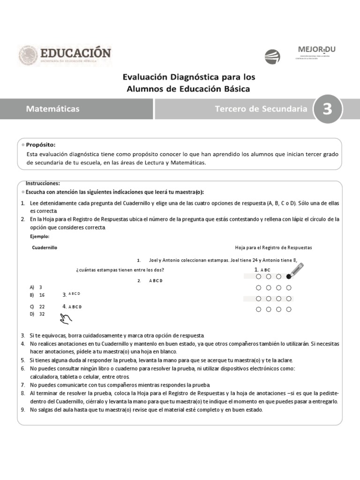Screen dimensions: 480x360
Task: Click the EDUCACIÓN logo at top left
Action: tap(65, 55)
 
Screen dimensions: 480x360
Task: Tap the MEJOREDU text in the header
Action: tap(317, 49)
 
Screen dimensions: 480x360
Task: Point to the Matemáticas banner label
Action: tap(53, 109)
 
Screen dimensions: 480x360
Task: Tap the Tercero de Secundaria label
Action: tap(261, 109)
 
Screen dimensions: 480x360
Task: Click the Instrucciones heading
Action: tap(43, 183)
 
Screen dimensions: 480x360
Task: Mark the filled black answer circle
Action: tap(289, 277)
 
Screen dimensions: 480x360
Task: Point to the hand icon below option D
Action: tap(64, 319)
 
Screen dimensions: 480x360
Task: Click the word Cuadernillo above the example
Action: tap(45, 247)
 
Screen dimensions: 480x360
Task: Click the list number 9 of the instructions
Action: tap(22, 410)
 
